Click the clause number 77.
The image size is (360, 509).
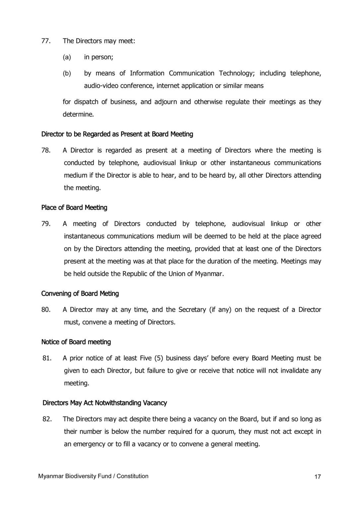click(x=45, y=41)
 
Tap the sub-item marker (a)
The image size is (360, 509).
click(x=67, y=57)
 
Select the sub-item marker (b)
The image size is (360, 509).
click(x=67, y=73)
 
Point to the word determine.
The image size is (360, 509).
click(x=79, y=114)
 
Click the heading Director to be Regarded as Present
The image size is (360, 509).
click(x=117, y=134)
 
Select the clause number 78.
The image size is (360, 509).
click(x=45, y=150)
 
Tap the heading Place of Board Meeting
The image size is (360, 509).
click(x=74, y=208)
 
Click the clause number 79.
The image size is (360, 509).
click(x=45, y=224)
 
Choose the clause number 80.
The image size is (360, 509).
click(x=45, y=310)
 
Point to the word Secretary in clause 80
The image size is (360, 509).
click(x=192, y=310)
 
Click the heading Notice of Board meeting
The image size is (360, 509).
click(x=76, y=342)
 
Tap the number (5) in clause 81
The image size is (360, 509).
click(x=157, y=358)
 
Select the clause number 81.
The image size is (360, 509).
click(x=47, y=358)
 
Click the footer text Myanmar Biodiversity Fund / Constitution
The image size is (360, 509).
click(x=93, y=476)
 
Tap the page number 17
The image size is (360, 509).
click(x=318, y=477)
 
